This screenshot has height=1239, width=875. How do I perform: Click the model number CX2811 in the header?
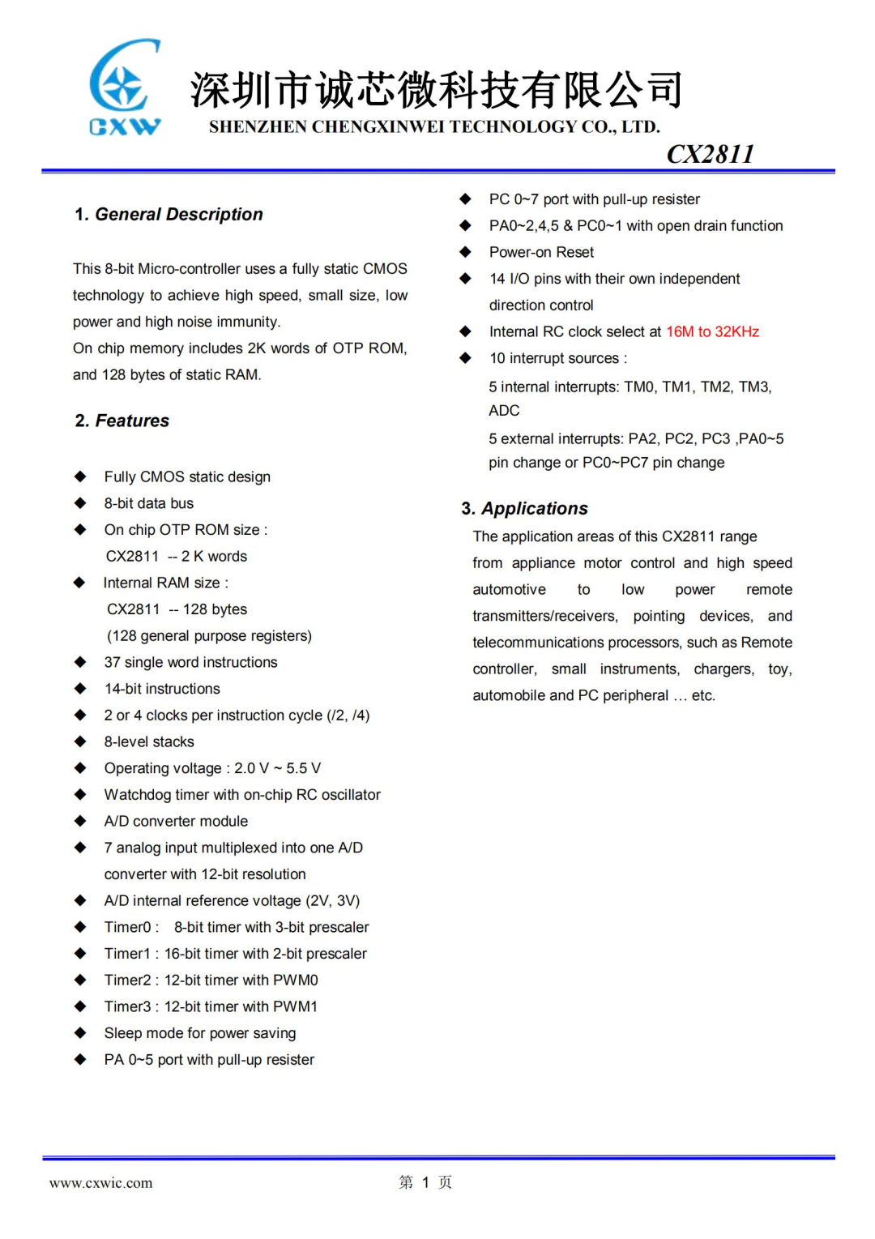[710, 154]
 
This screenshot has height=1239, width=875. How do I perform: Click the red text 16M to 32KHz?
[712, 332]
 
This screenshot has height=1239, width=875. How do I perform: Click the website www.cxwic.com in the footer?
[100, 1183]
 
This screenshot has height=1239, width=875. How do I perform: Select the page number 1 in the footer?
[425, 1183]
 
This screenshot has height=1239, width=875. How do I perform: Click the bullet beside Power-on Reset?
[465, 252]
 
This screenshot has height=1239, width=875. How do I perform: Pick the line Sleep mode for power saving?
[199, 1033]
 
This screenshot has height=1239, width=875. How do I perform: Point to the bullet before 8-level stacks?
[80, 741]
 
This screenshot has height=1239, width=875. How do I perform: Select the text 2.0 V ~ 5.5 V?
[277, 768]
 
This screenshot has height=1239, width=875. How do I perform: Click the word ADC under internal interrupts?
[504, 411]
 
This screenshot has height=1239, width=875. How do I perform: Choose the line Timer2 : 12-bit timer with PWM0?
[211, 981]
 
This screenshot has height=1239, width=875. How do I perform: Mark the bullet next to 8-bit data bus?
[80, 503]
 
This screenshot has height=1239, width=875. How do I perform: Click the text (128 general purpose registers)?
[209, 636]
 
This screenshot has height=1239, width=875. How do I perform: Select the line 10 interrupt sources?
[557, 358]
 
